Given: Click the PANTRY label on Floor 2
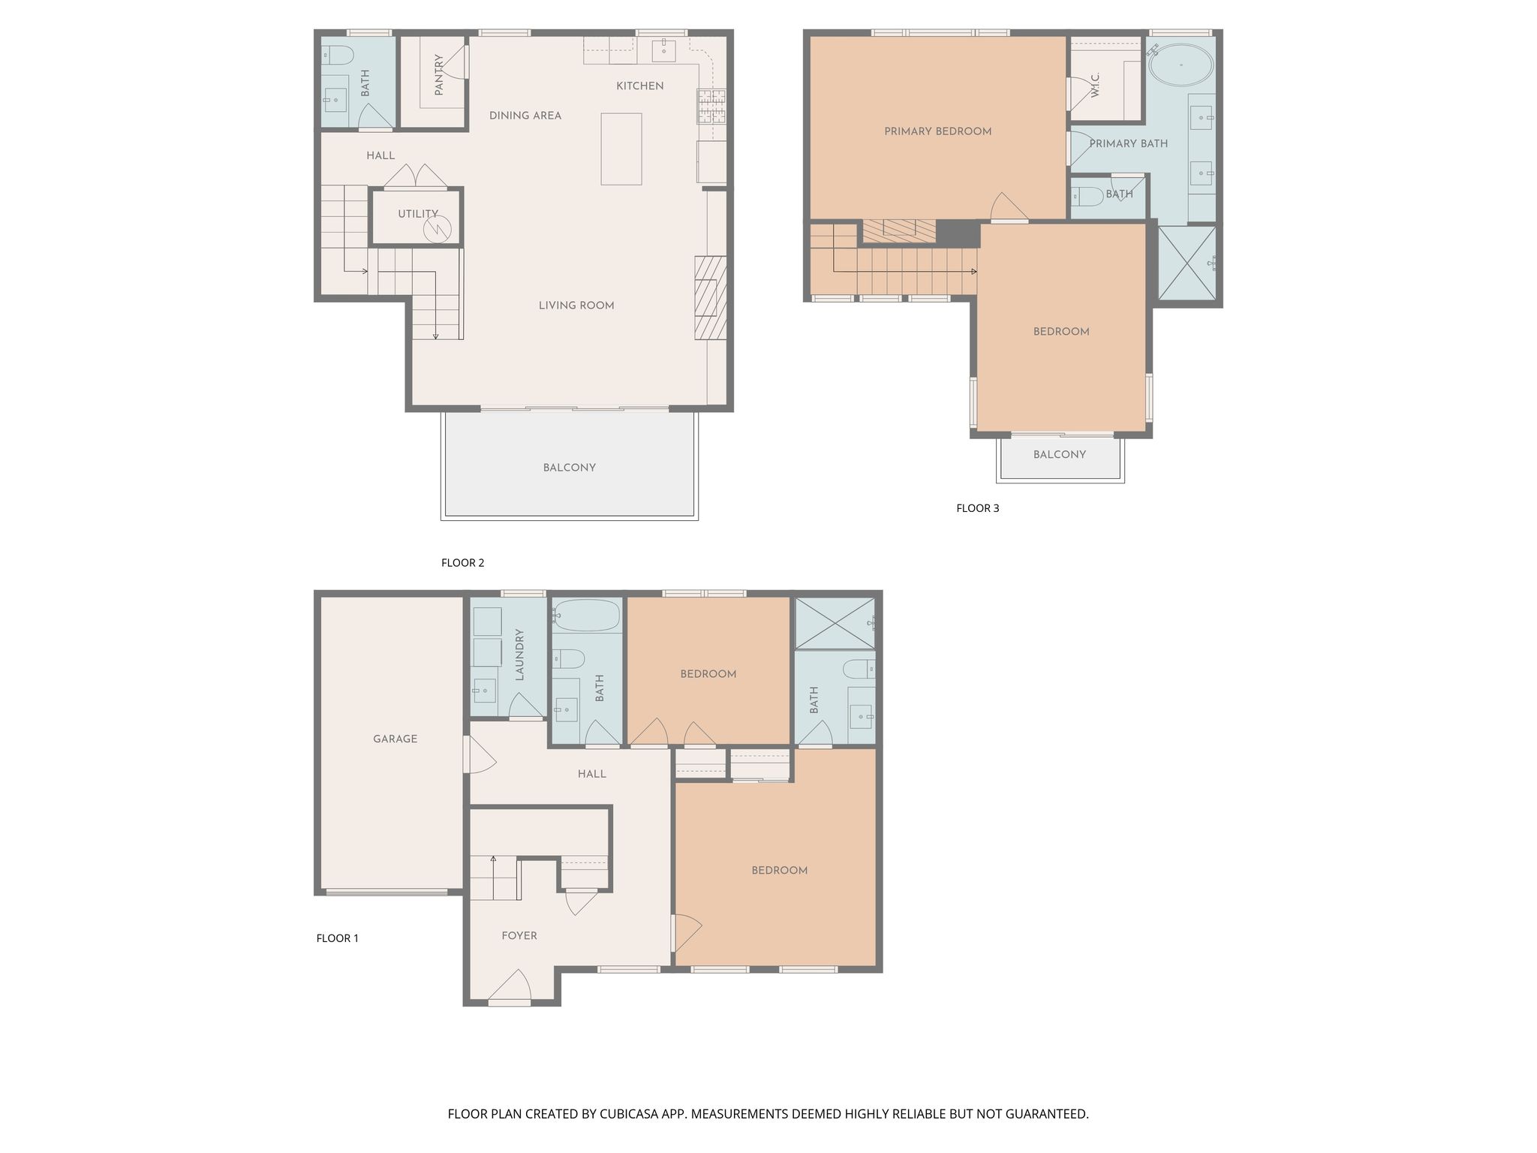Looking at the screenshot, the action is click(x=439, y=74).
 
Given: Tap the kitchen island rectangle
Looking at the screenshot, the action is click(x=621, y=149).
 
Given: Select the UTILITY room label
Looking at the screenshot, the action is click(x=418, y=214).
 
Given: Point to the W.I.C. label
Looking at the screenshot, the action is click(x=1095, y=85).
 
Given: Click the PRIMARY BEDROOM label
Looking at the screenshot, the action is click(x=938, y=131).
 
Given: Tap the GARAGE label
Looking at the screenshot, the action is click(x=396, y=739).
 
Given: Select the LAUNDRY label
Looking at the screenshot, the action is click(x=519, y=655).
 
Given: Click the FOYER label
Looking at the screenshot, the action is click(x=519, y=935).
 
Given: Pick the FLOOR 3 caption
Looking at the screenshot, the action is click(x=978, y=508).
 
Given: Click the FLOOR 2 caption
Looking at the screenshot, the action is click(x=463, y=563).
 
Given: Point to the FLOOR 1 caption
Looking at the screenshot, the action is click(x=338, y=938).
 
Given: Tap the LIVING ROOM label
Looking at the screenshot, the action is click(x=576, y=306).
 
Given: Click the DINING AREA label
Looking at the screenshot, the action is click(x=525, y=116).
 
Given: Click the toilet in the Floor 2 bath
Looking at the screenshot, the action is click(x=338, y=55).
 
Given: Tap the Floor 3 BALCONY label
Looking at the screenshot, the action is click(x=1060, y=454).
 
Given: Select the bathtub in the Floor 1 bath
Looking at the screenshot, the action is click(x=587, y=617).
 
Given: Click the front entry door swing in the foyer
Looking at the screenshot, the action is click(x=510, y=985).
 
